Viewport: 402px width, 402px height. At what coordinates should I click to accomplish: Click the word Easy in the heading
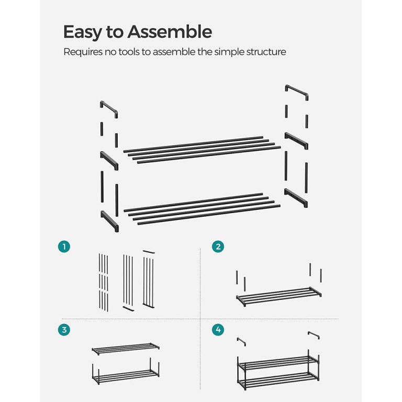pos(82,32)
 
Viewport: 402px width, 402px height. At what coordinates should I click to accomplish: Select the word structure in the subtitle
pos(266,52)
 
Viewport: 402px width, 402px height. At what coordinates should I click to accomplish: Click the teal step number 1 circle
pos(64,247)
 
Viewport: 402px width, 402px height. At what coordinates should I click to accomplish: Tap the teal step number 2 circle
pos(218,247)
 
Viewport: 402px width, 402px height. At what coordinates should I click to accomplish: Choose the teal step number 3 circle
pos(64,330)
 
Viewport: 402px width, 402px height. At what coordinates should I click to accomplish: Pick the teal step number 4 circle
pos(218,330)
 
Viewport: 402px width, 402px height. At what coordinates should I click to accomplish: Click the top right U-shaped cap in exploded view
pos(297,91)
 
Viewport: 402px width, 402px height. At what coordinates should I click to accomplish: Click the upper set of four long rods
pos(202,150)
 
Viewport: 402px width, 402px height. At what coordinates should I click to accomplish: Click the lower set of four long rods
pos(202,209)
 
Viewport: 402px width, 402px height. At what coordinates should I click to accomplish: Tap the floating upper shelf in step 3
pos(126,349)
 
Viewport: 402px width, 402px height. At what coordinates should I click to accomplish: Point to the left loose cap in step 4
pos(241,341)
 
